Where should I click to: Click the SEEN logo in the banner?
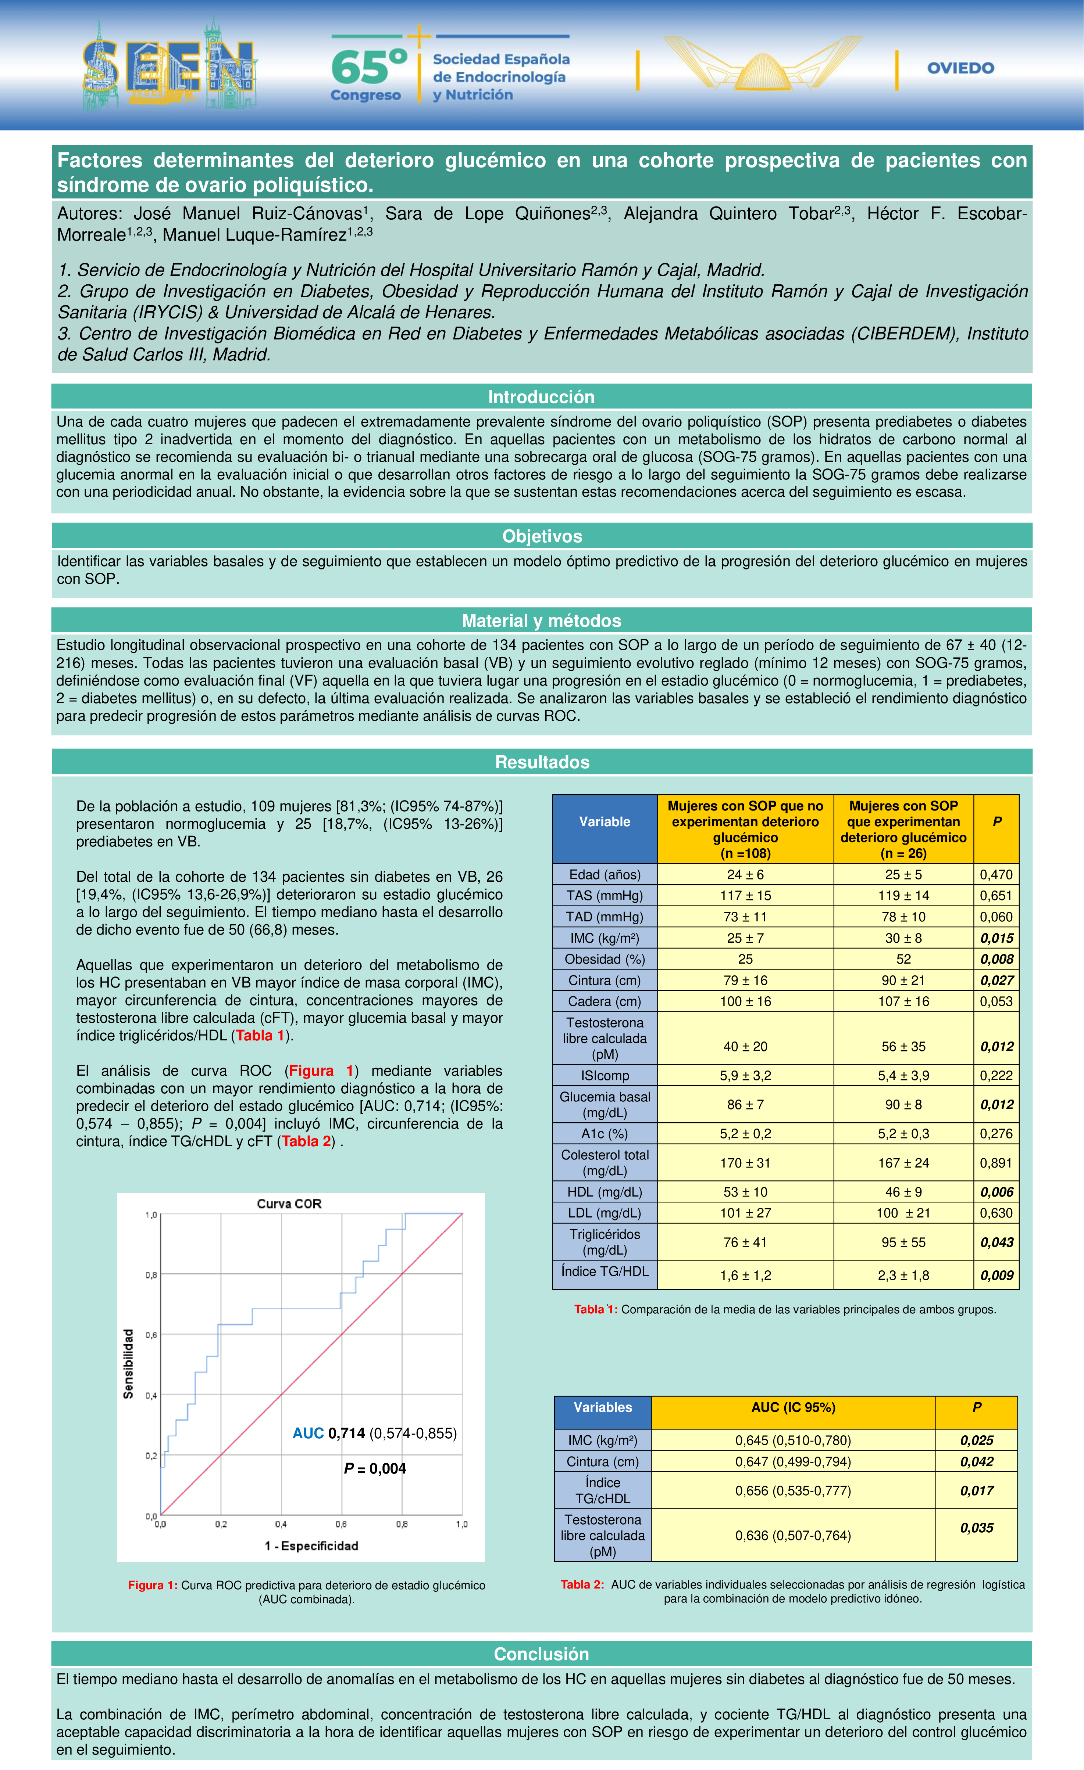click(x=169, y=66)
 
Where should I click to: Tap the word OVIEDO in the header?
click(x=960, y=68)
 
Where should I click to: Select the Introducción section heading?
click(x=541, y=396)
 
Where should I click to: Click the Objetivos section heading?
click(x=542, y=536)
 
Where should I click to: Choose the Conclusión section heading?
click(x=541, y=1654)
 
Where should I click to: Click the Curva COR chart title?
click(x=289, y=1203)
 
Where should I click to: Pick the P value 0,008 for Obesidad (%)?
click(x=996, y=959)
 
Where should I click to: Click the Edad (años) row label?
click(x=605, y=874)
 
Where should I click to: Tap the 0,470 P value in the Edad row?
click(x=996, y=874)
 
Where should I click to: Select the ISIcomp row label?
click(x=605, y=1075)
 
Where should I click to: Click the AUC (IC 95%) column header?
click(x=793, y=1407)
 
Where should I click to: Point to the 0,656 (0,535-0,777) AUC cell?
click(x=793, y=1490)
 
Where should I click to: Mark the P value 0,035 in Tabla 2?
click(x=976, y=1527)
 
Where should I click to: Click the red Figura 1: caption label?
click(x=152, y=1585)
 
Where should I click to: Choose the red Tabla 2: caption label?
click(x=582, y=1585)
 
